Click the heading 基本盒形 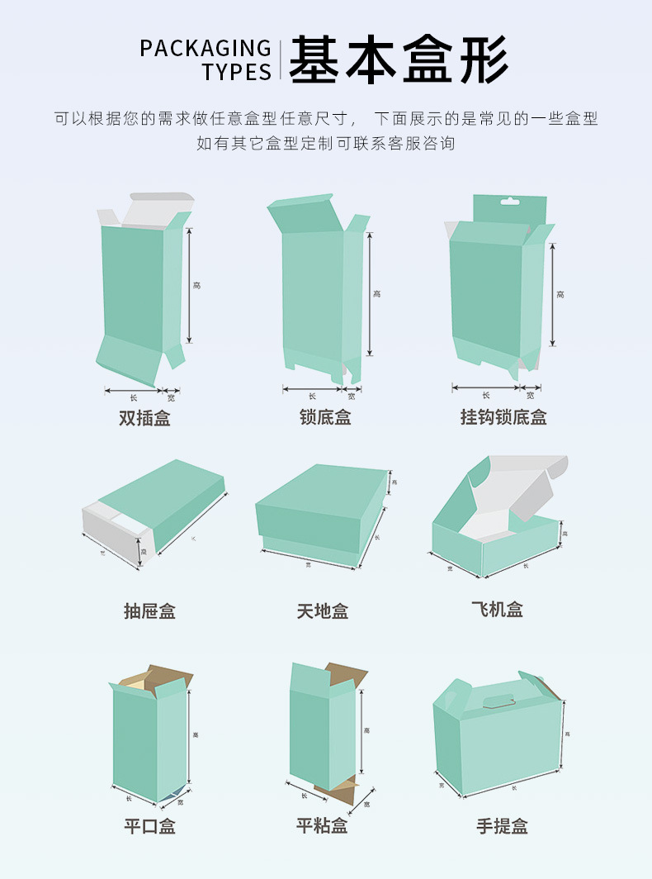398,59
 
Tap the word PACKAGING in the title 206,49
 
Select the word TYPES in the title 237,73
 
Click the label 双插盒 144,418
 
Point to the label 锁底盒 325,418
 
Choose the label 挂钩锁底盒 503,418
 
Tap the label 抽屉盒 149,611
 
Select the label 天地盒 323,611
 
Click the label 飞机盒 497,610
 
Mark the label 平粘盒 322,826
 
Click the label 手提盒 502,826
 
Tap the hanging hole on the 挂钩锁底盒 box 509,201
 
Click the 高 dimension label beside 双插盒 196,285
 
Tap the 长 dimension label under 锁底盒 312,396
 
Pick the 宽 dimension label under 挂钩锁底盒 530,395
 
